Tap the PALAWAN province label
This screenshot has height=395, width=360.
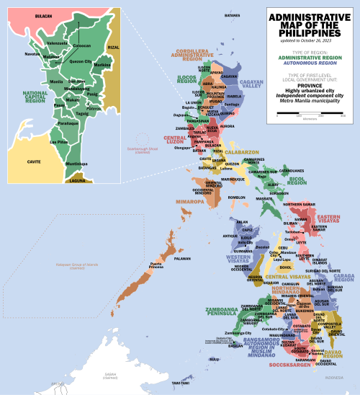(182, 258)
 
